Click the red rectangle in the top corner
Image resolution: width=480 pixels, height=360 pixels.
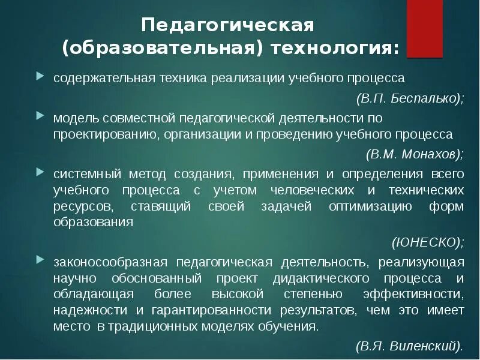[x=425, y=28]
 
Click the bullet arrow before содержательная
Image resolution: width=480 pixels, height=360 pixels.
[x=40, y=77]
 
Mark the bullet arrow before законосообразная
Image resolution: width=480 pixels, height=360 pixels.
[x=40, y=261]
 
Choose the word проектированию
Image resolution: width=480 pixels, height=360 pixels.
[x=105, y=134]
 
